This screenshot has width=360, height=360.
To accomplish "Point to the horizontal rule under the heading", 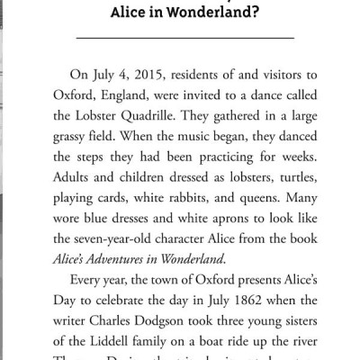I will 180,39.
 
